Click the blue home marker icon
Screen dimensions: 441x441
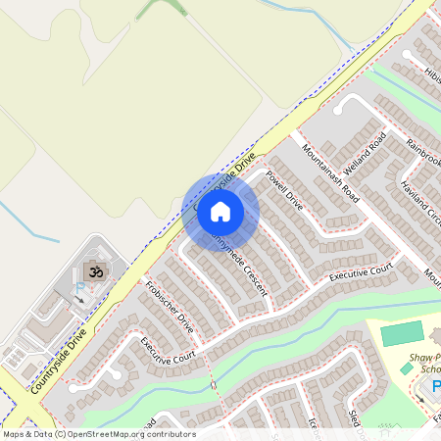pyautogui.click(x=220, y=211)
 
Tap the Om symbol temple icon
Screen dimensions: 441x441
pyautogui.click(x=96, y=270)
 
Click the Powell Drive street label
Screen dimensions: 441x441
pyautogui.click(x=285, y=191)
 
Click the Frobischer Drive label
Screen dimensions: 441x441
pyautogui.click(x=168, y=307)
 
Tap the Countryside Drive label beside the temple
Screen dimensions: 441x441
pyautogui.click(x=59, y=361)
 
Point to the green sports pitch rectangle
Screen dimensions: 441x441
pyautogui.click(x=401, y=333)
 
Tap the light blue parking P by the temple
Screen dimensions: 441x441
pyautogui.click(x=80, y=288)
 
